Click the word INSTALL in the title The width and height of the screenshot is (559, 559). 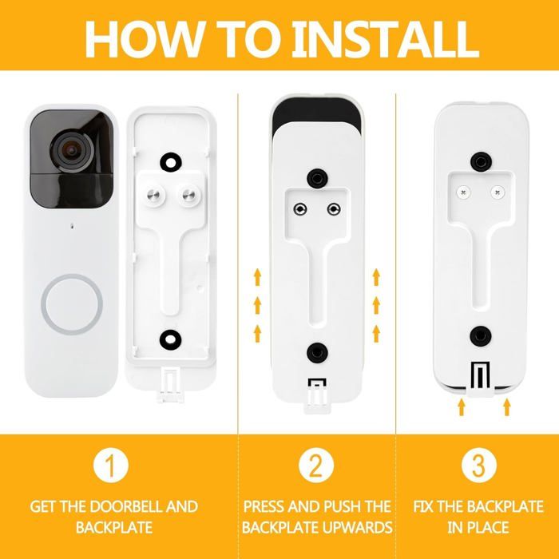click(x=386, y=39)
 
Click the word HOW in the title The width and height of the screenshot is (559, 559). click(x=144, y=39)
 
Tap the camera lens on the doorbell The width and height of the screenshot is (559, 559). click(x=72, y=151)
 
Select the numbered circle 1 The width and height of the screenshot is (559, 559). click(x=111, y=465)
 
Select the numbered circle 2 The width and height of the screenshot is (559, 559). click(x=316, y=465)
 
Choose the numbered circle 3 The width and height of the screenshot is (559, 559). click(x=479, y=465)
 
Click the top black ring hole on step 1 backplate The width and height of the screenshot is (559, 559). click(x=171, y=163)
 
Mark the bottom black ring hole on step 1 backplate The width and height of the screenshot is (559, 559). click(x=170, y=339)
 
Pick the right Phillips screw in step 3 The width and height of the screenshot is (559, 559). click(x=497, y=192)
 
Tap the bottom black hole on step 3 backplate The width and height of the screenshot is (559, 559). click(x=481, y=336)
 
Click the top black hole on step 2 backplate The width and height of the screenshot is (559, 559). click(x=317, y=179)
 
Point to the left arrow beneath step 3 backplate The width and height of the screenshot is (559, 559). click(x=462, y=406)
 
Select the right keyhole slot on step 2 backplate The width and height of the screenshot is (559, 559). click(x=334, y=209)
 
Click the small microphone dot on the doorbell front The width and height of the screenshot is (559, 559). click(x=73, y=226)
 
